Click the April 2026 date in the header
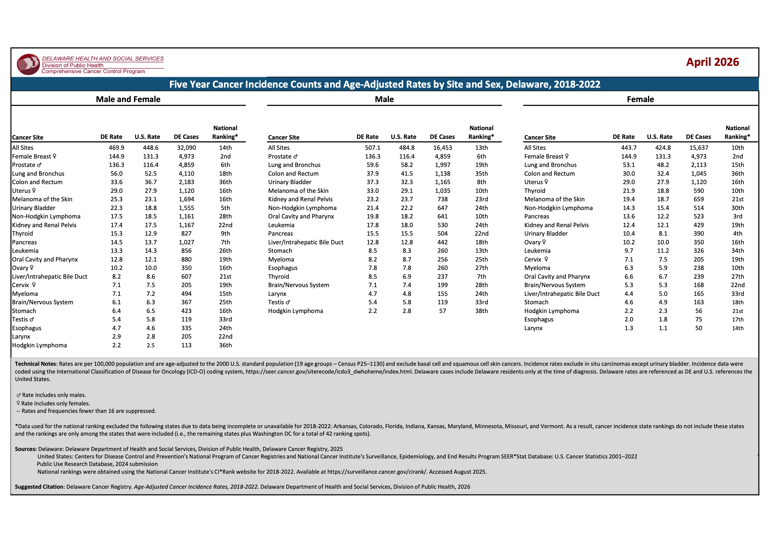click(x=712, y=62)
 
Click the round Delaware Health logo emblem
click(x=28, y=64)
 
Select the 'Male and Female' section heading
click(x=128, y=99)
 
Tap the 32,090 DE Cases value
click(x=187, y=148)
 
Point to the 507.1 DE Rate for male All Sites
click(x=372, y=148)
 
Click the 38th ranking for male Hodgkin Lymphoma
click(x=481, y=311)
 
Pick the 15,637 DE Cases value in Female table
click(x=699, y=148)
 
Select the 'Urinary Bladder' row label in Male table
click(x=290, y=182)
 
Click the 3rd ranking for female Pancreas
click(x=738, y=216)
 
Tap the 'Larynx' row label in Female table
click(x=533, y=328)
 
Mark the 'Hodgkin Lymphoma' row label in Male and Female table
click(x=39, y=345)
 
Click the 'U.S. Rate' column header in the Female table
click(x=659, y=137)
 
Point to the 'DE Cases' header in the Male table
click(x=442, y=137)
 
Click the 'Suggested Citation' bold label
click(x=39, y=487)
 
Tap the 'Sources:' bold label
click(x=26, y=449)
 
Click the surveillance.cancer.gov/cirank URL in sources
click(x=377, y=472)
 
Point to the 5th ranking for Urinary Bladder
click(x=225, y=208)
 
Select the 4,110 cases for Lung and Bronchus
click(x=187, y=174)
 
